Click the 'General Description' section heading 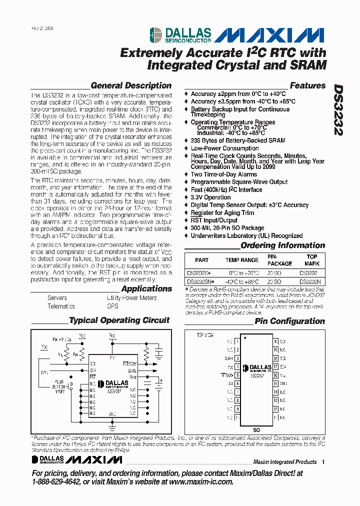point(131,85)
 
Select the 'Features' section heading point(307,85)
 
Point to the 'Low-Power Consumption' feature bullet point(224,148)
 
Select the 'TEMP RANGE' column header point(242,260)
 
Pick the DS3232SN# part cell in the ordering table point(200,281)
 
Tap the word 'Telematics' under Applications point(61,306)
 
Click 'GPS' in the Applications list point(112,306)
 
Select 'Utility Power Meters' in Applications point(131,297)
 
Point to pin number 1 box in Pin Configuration point(237,341)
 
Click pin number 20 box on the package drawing point(275,341)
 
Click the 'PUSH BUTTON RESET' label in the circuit point(59,386)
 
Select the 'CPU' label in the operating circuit point(45,372)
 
